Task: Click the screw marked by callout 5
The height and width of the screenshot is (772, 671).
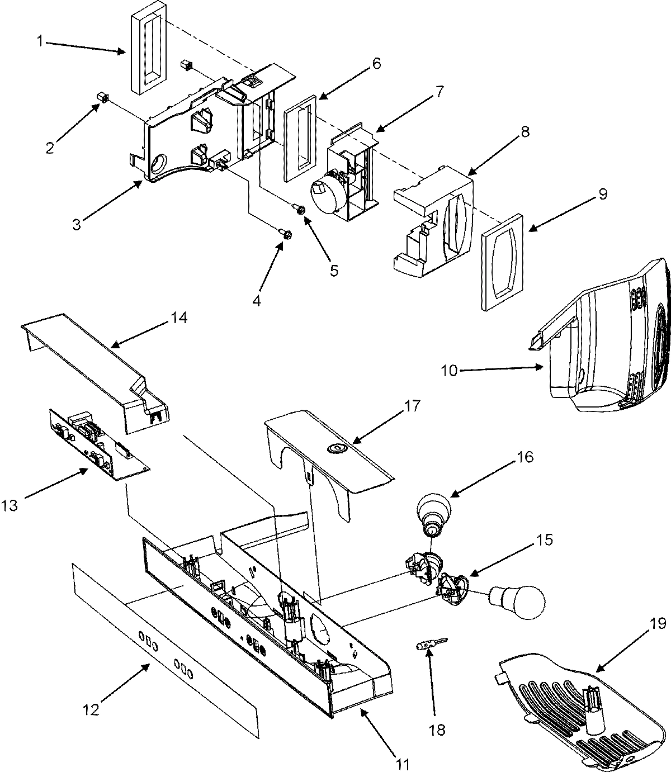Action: pos(300,210)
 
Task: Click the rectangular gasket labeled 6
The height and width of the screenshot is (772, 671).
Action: pos(299,138)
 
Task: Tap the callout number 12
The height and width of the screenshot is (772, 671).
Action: pos(91,709)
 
